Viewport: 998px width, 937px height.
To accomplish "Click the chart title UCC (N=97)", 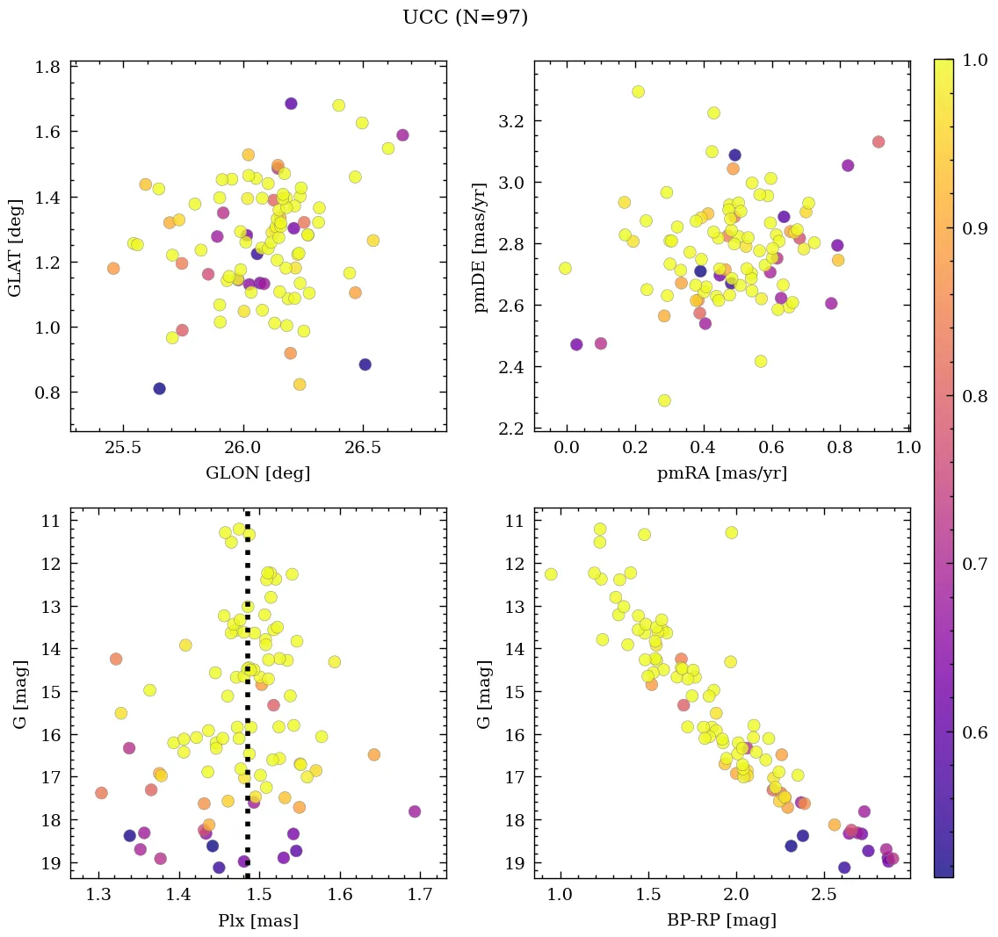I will click(x=465, y=18).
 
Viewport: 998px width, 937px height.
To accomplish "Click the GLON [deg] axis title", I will click(x=257, y=473).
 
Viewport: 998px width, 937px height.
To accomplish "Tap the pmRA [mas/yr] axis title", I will click(x=722, y=473).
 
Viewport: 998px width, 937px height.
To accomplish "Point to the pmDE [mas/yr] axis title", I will click(x=481, y=247).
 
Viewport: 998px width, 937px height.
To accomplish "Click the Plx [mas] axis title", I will click(x=257, y=920).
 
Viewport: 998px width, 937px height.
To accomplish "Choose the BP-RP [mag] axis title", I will click(x=722, y=920).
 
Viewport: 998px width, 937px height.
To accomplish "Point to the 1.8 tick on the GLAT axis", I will click(x=47, y=67).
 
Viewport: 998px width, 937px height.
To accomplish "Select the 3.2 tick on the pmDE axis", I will click(x=512, y=120).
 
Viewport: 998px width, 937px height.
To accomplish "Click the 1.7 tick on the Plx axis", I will click(x=420, y=895).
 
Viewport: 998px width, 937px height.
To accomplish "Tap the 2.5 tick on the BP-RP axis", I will click(x=824, y=895).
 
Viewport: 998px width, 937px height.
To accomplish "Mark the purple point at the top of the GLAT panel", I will click(x=291, y=104).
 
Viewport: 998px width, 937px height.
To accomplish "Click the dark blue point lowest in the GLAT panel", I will click(x=159, y=388).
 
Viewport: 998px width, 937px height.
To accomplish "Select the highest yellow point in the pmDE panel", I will click(x=638, y=91).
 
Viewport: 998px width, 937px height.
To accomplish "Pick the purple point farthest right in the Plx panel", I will click(x=415, y=811).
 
